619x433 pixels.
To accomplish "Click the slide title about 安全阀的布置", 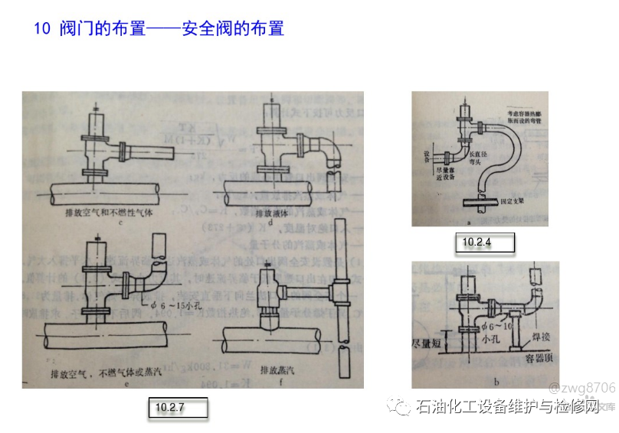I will (x=159, y=29).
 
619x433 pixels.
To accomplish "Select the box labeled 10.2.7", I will (x=177, y=408).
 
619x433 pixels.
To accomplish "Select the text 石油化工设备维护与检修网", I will (x=507, y=407).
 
